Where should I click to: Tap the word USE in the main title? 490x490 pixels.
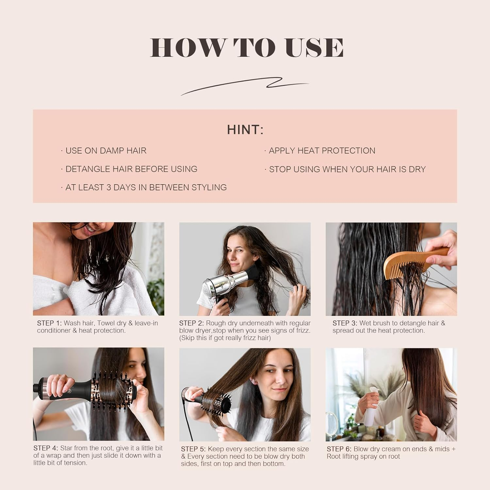click(x=314, y=48)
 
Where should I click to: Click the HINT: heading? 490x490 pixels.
click(x=245, y=130)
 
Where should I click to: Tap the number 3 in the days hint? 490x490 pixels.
click(x=108, y=188)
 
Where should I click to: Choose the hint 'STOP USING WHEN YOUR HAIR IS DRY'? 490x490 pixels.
click(x=347, y=169)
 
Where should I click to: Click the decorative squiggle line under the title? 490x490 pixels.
click(x=245, y=86)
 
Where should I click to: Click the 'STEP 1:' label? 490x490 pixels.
click(x=49, y=323)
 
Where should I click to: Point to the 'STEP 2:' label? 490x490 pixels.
click(x=191, y=323)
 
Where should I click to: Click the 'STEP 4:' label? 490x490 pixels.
click(x=45, y=448)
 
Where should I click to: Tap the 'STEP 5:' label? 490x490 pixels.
click(x=193, y=449)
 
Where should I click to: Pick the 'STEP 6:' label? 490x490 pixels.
click(x=339, y=449)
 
